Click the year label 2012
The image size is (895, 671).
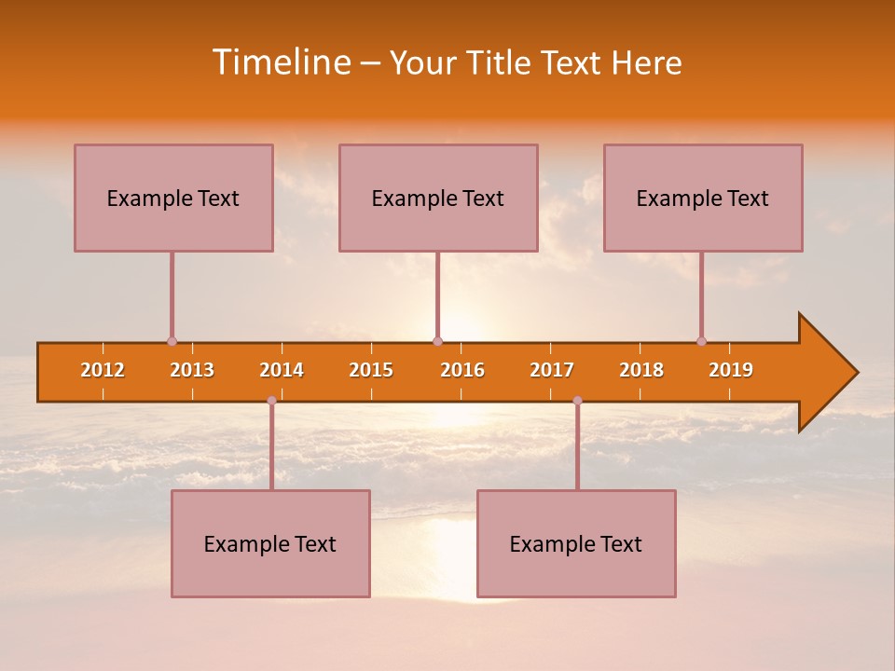(103, 370)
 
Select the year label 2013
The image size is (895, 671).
(192, 370)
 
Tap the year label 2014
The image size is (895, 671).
(282, 370)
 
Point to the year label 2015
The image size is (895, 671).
(371, 370)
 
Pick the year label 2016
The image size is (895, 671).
(462, 370)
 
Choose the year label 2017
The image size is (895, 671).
(552, 370)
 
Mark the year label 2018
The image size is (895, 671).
(641, 370)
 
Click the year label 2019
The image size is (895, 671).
(731, 370)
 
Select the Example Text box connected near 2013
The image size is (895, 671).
(173, 198)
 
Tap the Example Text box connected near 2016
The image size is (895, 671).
(438, 198)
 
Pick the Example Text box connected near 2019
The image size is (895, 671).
(703, 198)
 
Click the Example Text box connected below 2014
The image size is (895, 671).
(270, 543)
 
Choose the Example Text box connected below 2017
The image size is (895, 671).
(576, 543)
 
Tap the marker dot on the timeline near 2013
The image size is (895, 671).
(172, 341)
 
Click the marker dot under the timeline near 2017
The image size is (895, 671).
(577, 401)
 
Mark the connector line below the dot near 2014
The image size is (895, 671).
(271, 447)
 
